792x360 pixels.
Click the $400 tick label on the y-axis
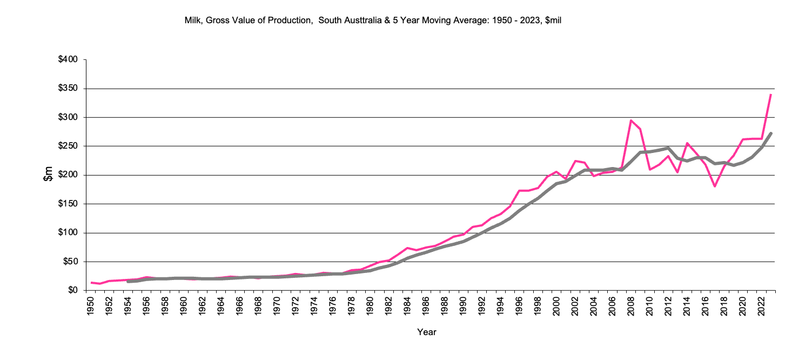69,59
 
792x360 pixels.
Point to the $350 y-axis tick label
69,89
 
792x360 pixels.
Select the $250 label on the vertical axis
69,146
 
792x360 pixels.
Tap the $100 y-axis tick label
69,233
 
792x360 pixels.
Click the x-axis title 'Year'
426,332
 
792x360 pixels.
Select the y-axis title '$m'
48,175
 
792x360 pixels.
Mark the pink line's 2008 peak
631,121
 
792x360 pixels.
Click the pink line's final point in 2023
770,95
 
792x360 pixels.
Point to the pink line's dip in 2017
715,186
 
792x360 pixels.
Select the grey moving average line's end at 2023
770,133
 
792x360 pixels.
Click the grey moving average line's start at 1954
128,282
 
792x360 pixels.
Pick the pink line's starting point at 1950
91,283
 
